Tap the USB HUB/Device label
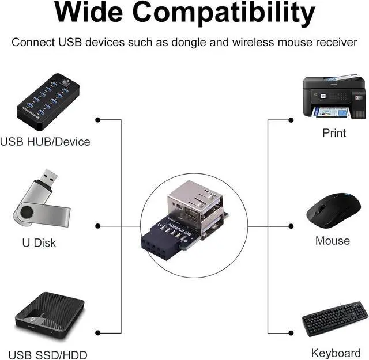pyautogui.click(x=45, y=141)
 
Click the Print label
pyautogui.click(x=334, y=133)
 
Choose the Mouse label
pyautogui.click(x=332, y=241)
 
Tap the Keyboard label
pyautogui.click(x=336, y=353)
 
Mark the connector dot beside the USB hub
pyautogui.click(x=98, y=120)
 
